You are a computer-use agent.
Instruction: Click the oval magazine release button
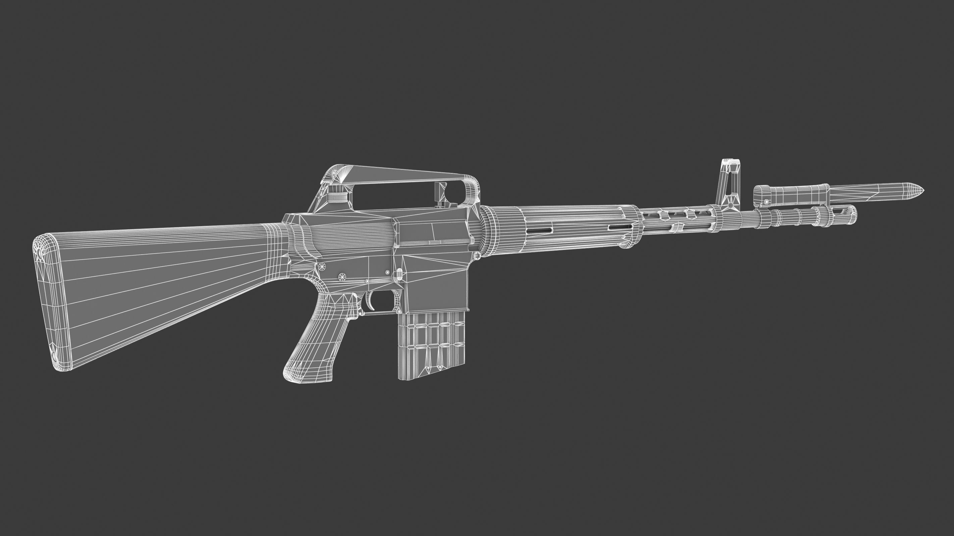tap(399, 274)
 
